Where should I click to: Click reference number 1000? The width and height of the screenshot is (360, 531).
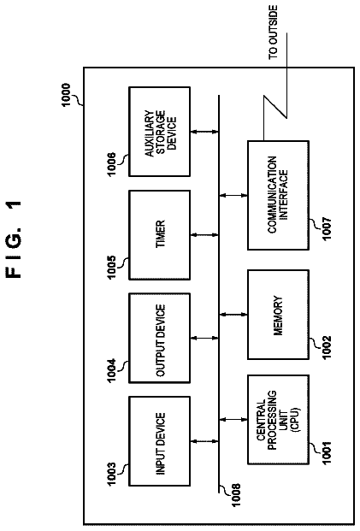click(x=66, y=95)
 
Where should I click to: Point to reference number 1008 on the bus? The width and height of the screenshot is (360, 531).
click(x=235, y=495)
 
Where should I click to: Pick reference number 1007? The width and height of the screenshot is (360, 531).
click(x=328, y=228)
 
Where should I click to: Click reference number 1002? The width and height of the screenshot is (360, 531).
click(x=328, y=348)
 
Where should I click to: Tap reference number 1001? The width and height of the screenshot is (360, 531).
click(x=328, y=453)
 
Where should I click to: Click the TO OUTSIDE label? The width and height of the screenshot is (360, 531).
click(x=273, y=32)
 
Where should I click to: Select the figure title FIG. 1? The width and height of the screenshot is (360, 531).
click(x=15, y=239)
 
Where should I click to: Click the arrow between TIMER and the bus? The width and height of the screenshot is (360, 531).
click(x=204, y=235)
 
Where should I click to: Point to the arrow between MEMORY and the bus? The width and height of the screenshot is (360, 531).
click(x=233, y=315)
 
